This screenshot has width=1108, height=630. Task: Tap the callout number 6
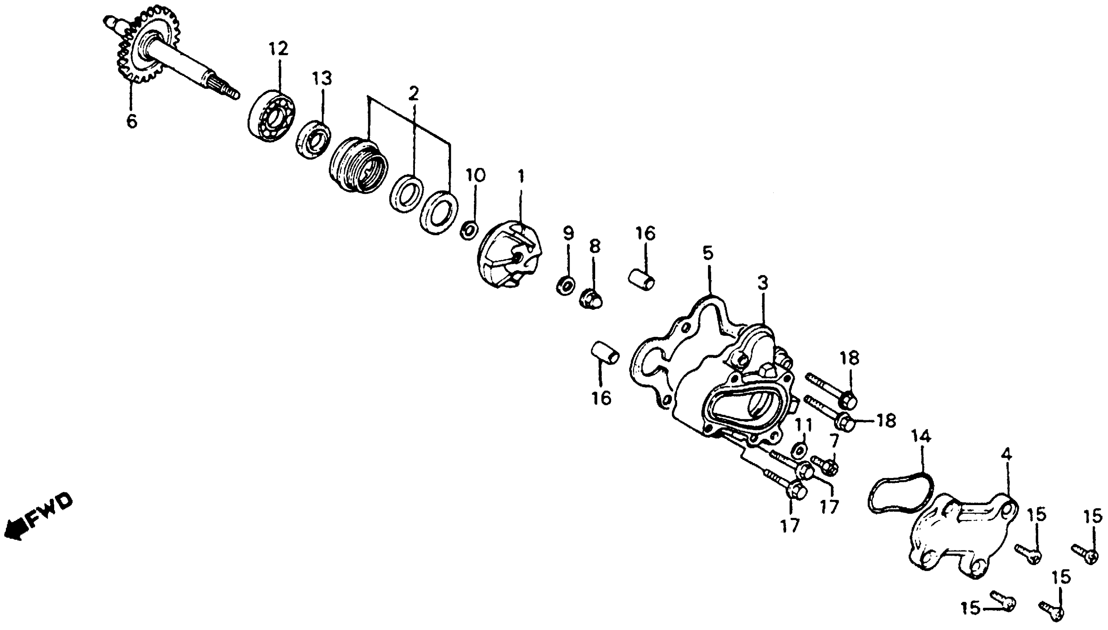click(x=132, y=122)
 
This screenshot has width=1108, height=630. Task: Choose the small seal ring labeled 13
click(x=314, y=140)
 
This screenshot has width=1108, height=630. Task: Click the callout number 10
click(x=476, y=176)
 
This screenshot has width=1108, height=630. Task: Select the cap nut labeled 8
click(x=591, y=299)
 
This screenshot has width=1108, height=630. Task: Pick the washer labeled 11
click(x=798, y=450)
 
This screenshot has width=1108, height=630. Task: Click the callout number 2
click(x=414, y=93)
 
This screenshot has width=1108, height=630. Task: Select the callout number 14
click(x=921, y=437)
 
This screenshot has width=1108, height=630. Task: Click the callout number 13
click(x=323, y=79)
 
